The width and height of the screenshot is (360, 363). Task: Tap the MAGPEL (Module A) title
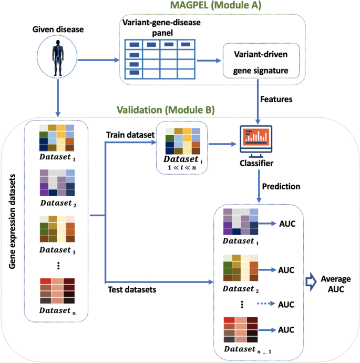(217, 7)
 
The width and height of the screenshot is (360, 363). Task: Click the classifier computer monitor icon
(258, 142)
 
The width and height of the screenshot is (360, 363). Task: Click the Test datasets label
(133, 289)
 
